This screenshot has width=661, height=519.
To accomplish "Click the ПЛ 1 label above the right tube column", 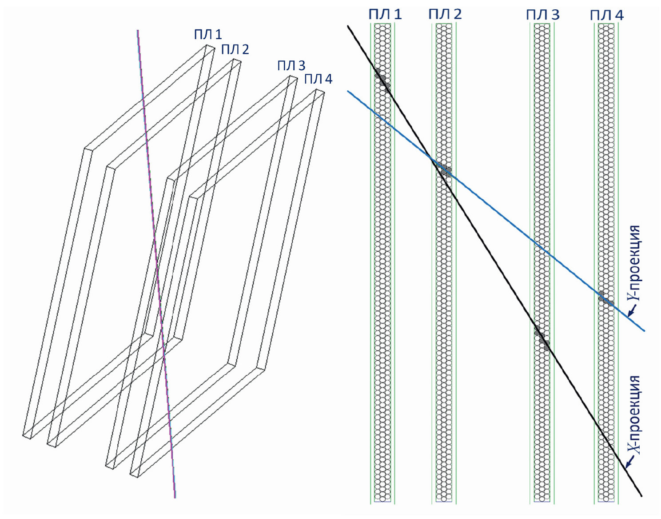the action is (x=385, y=14).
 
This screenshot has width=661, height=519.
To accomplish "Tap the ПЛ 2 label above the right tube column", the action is (x=445, y=14).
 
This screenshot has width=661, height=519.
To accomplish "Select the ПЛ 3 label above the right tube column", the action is (x=543, y=15).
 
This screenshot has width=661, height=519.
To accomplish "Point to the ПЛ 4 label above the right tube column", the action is (x=607, y=16).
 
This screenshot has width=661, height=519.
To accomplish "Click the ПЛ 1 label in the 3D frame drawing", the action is (x=208, y=35).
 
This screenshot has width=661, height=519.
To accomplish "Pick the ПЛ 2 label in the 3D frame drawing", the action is (x=235, y=50).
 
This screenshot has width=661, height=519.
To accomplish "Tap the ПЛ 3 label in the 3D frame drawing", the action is (x=291, y=66).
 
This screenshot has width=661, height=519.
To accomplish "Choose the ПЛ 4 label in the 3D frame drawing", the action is (x=318, y=80).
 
